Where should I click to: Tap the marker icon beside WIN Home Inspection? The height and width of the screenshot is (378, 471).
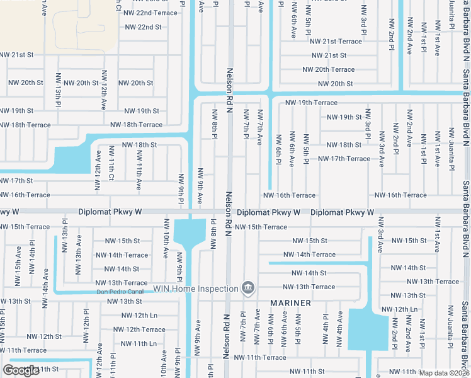click(x=249, y=289)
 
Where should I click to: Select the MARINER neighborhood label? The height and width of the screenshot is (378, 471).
click(x=291, y=303)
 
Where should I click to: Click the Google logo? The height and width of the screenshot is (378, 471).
click(x=21, y=370)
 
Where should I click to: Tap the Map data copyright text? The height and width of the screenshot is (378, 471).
click(x=445, y=373)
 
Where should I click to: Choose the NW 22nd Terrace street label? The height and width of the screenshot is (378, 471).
click(x=150, y=13)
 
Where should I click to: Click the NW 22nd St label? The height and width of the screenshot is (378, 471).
click(x=143, y=27)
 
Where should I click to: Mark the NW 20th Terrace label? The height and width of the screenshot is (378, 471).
click(x=328, y=69)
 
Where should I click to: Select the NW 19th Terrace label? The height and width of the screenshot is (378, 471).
click(x=311, y=102)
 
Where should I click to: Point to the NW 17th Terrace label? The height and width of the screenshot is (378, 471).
click(x=344, y=159)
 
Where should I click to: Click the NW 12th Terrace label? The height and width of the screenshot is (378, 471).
click(x=139, y=329)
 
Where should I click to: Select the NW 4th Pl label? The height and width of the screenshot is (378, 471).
click(x=326, y=329)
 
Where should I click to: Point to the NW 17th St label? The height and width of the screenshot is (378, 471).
click(x=16, y=181)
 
